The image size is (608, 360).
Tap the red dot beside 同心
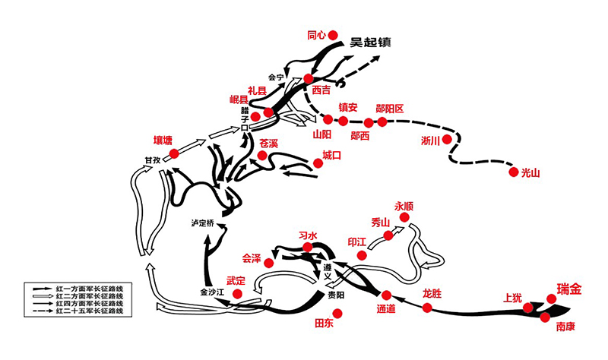(x=332, y=34)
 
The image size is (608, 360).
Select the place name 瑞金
(x=569, y=289)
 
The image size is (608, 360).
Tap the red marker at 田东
(x=338, y=313)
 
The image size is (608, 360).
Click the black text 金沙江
(x=213, y=292)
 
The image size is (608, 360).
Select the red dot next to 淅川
(x=448, y=140)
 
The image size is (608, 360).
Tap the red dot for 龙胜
(x=427, y=308)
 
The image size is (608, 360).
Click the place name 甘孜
(x=152, y=160)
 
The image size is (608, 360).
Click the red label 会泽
(x=252, y=257)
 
